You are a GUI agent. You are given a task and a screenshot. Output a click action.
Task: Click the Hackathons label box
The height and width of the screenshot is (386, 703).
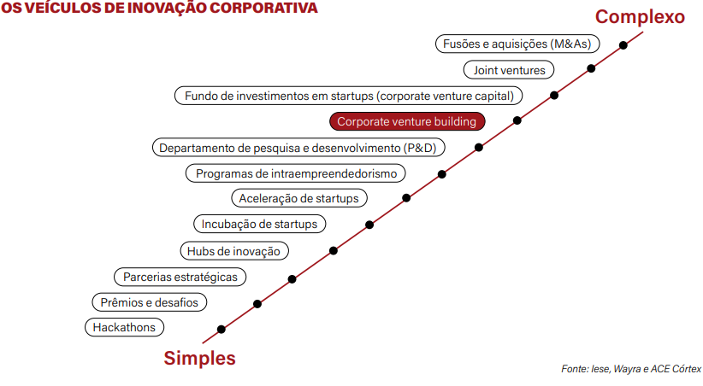pos(124,327)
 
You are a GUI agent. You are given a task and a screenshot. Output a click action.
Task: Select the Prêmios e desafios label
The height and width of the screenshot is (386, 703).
pos(149,302)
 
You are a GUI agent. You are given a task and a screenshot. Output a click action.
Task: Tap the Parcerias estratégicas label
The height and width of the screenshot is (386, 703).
pos(180,277)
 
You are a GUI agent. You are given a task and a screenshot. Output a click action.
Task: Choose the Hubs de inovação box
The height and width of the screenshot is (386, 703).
pos(234,250)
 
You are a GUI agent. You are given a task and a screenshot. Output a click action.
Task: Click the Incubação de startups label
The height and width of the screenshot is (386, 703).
pos(259,225)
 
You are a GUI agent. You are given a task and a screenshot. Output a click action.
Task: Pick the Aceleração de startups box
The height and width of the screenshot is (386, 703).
pos(299,198)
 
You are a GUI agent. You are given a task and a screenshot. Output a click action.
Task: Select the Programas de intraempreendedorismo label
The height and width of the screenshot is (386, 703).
pos(295,173)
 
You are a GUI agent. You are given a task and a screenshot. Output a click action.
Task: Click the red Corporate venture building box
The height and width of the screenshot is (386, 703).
pos(406,121)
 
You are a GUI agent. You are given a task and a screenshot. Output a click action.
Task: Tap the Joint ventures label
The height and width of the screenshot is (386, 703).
pos(509,70)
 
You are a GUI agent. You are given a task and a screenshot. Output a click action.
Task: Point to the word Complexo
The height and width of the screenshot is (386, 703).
pos(640,16)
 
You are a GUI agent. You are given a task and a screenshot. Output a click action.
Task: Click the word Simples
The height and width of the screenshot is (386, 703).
pos(199,358)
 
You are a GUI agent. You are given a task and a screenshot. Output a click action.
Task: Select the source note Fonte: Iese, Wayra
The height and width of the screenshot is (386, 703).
pos(630,369)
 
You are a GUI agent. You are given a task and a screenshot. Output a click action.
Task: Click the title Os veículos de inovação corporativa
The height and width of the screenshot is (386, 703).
pos(159,8)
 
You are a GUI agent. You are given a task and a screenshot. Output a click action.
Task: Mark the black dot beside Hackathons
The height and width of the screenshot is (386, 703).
pos(222,329)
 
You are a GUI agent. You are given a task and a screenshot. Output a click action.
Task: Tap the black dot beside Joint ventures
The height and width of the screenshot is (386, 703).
pos(591,68)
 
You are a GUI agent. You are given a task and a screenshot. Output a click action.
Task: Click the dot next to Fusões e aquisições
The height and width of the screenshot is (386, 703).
pos(623,44)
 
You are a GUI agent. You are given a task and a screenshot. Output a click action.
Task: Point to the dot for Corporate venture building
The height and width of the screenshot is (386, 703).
pos(517,120)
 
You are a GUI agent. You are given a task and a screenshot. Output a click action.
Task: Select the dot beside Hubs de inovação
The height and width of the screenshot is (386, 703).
pos(333,250)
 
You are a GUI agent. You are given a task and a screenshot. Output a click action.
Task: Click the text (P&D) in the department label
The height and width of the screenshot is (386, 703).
pos(419,148)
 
